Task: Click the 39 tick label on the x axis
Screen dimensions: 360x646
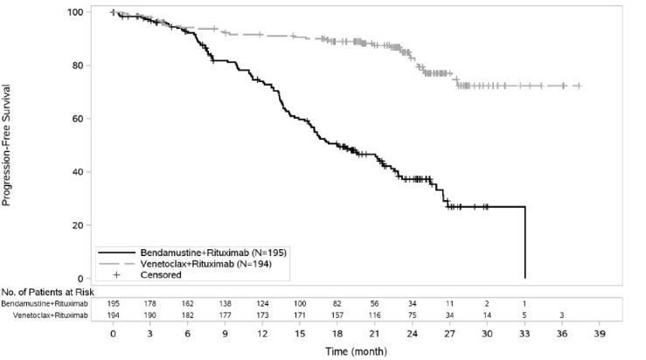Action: tap(599, 333)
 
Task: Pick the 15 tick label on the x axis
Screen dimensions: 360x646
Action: tap(300, 333)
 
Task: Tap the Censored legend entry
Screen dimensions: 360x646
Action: tap(158, 274)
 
